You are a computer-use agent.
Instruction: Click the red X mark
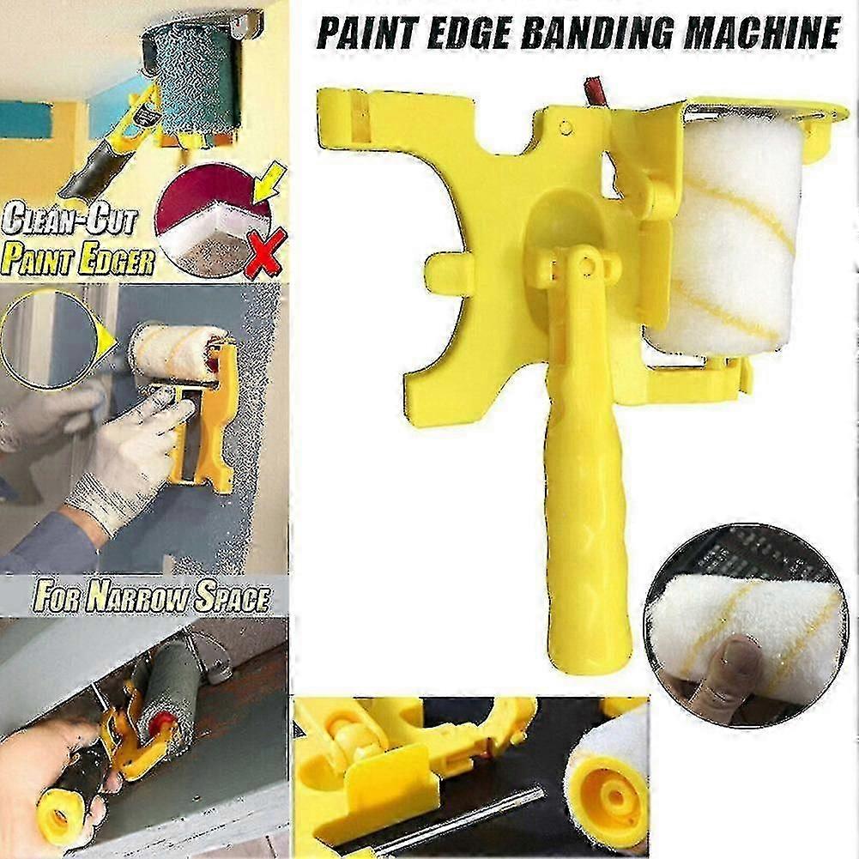[265, 253]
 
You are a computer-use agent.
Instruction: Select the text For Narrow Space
[151, 596]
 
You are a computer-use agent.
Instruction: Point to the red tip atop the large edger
[594, 90]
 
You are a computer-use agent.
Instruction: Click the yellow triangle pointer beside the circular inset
[106, 342]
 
